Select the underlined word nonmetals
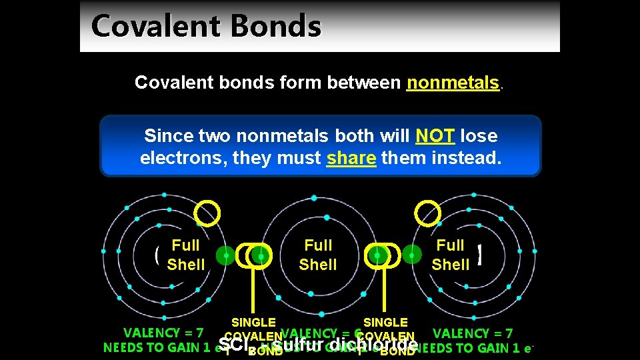(453, 82)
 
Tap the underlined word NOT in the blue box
(435, 136)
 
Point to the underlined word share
(351, 159)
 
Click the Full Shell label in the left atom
(185, 255)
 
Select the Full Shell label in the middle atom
(318, 255)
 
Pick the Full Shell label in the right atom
(451, 255)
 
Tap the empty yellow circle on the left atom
(207, 213)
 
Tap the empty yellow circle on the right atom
(427, 213)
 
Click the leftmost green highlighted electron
(226, 255)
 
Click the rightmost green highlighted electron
(413, 254)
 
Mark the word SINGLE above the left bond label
(253, 323)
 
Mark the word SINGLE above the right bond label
(385, 323)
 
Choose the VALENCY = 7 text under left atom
(163, 333)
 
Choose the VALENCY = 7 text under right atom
(473, 333)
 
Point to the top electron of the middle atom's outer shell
(314, 198)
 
